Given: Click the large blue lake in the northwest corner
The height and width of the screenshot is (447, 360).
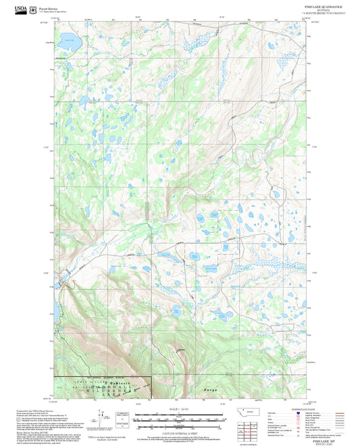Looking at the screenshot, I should pos(69,42).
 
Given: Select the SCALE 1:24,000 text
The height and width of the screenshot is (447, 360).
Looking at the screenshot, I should pos(180,409).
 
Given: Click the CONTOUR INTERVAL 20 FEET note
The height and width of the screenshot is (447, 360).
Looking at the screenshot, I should pos(180,430).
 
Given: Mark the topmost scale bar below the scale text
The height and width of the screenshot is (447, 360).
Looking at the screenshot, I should pos(180,415).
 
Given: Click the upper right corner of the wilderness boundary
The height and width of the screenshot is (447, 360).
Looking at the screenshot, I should pos(149,377).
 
